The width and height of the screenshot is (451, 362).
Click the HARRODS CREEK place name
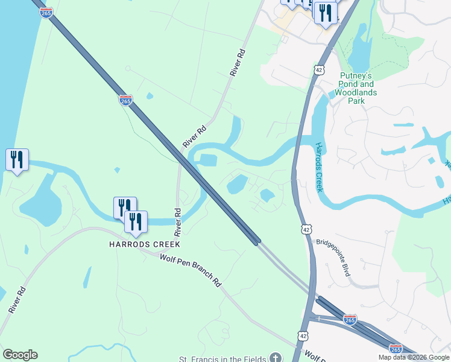[144, 244]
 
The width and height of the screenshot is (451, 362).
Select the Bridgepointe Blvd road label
[333, 259]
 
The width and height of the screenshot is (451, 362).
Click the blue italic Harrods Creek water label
[320, 168]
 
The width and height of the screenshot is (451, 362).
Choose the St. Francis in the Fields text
[222, 358]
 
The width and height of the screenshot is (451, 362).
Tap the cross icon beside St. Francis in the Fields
[276, 358]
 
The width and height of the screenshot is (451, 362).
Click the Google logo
[20, 355]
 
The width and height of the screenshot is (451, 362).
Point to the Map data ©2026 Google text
[414, 357]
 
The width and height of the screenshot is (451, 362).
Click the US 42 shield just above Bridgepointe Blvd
[307, 230]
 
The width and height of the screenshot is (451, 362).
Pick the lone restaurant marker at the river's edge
[17, 160]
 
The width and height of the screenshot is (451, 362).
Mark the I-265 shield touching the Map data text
[396, 349]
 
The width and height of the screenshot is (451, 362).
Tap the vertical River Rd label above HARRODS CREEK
[178, 222]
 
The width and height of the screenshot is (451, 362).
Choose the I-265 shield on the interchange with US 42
[350, 319]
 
